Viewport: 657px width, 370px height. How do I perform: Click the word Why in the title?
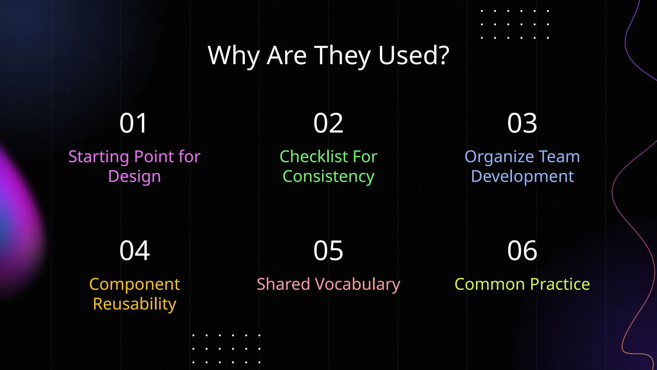(234, 56)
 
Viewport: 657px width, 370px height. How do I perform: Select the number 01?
(133, 123)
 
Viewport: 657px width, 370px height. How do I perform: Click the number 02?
(328, 123)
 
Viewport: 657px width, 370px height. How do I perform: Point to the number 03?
(522, 123)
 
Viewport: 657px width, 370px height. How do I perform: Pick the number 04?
(134, 251)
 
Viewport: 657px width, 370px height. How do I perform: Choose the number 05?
(328, 251)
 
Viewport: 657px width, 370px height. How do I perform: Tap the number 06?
(522, 251)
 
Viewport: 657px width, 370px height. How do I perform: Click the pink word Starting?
(99, 157)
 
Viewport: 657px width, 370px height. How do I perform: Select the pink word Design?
(134, 177)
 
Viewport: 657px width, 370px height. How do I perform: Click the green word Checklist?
(314, 157)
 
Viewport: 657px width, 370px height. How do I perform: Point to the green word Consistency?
(328, 177)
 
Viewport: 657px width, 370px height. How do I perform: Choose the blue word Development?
(522, 177)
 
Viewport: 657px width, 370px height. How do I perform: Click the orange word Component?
(134, 285)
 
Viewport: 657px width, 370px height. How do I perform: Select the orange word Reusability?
(134, 304)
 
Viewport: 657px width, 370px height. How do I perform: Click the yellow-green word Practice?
(560, 284)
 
